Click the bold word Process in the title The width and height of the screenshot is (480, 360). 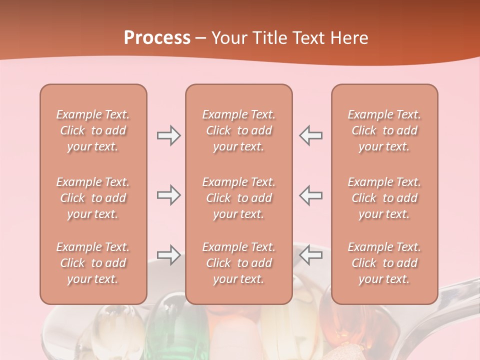(157, 38)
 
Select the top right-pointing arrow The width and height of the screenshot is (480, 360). (168, 135)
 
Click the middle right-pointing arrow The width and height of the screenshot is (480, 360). (168, 195)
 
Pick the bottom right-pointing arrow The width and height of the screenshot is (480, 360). (168, 255)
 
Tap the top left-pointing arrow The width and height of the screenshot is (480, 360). (311, 135)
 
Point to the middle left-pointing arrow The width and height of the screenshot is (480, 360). (311, 195)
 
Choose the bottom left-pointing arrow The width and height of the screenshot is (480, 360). (311, 255)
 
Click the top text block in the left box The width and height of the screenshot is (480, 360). (93, 130)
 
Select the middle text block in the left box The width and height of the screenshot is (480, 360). (93, 198)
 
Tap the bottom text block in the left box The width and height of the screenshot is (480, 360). (93, 263)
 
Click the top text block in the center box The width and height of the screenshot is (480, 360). (238, 130)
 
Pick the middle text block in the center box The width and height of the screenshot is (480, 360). (238, 198)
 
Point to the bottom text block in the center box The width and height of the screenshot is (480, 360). (238, 263)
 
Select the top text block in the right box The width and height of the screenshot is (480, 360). (384, 130)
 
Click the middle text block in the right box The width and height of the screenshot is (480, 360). (384, 198)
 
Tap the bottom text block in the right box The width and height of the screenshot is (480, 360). (384, 263)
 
